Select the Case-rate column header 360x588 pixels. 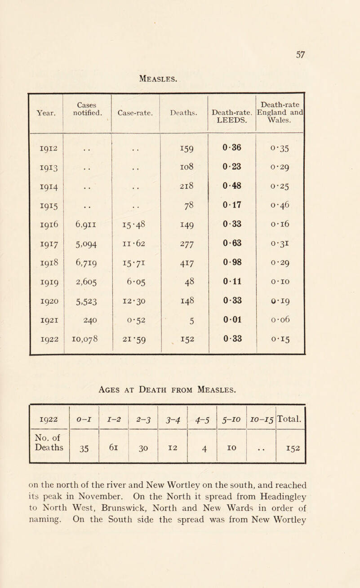[x=135, y=113]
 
